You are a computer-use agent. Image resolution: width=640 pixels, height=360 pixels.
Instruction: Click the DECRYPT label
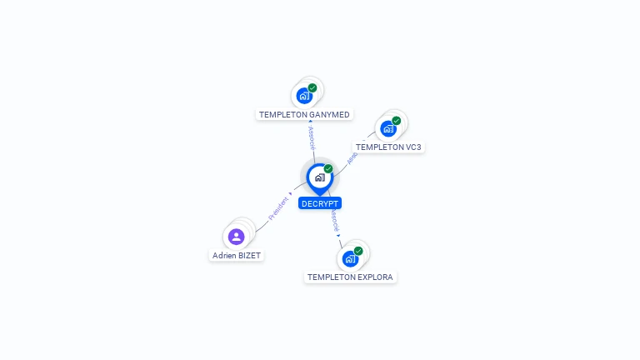pyautogui.click(x=319, y=203)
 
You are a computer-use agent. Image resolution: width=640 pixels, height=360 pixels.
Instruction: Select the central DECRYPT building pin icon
pyautogui.click(x=319, y=177)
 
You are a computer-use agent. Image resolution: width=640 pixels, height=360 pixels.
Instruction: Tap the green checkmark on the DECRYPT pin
pyautogui.click(x=328, y=169)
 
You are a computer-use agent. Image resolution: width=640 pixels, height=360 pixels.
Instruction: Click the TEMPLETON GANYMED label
pyautogui.click(x=304, y=114)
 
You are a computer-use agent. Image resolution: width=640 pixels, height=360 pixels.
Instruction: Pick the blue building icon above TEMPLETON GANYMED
pyautogui.click(x=304, y=95)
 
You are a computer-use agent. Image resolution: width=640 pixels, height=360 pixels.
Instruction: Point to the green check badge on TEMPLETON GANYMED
pyautogui.click(x=312, y=87)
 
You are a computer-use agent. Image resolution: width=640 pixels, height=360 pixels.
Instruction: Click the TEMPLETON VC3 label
pyautogui.click(x=388, y=147)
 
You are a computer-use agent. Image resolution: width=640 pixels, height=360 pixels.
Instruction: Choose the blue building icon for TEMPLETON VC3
pyautogui.click(x=387, y=128)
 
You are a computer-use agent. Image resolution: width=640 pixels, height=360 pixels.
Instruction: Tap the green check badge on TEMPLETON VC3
pyautogui.click(x=397, y=121)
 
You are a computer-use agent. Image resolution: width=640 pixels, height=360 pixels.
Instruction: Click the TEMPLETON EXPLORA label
pyautogui.click(x=350, y=277)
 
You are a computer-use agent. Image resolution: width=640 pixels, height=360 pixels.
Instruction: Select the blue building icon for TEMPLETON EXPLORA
pyautogui.click(x=350, y=258)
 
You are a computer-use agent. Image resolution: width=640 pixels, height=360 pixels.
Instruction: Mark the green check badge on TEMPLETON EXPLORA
pyautogui.click(x=358, y=251)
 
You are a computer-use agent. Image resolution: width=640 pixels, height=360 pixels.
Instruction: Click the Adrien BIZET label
pyautogui.click(x=237, y=256)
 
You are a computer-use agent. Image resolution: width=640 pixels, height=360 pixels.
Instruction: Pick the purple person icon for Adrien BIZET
pyautogui.click(x=237, y=237)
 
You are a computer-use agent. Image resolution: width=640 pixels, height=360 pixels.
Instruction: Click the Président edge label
pyautogui.click(x=278, y=207)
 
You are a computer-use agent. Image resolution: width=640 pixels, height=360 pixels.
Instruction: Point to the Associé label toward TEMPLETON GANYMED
pyautogui.click(x=312, y=138)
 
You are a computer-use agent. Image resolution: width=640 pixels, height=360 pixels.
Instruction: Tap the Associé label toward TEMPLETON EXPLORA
pyautogui.click(x=334, y=220)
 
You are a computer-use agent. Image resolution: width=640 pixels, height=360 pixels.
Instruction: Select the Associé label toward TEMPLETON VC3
pyautogui.click(x=352, y=156)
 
